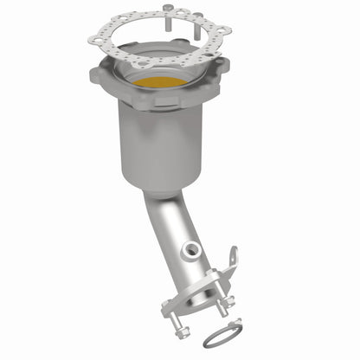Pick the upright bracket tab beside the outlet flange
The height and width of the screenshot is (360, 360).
pos(231,257)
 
